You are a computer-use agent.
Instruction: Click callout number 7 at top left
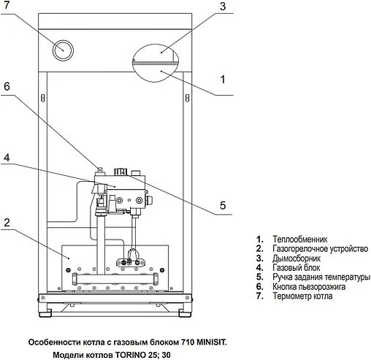coord(7,5)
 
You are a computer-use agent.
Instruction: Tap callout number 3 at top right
coord(223,7)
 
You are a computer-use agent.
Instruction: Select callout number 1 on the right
coord(223,80)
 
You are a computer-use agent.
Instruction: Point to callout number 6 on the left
coord(7,86)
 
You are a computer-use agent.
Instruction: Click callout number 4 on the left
coord(7,158)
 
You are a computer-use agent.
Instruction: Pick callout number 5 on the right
coord(223,205)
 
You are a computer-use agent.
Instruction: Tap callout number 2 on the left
coord(7,222)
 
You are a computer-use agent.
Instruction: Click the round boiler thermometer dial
coord(63,50)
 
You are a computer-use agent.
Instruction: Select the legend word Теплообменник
coord(299,240)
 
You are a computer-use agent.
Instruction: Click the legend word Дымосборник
coord(297,258)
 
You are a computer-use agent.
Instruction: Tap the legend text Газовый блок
coord(296,268)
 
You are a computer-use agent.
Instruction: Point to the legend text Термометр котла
coord(302,296)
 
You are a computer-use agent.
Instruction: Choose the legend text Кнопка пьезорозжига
coord(309,287)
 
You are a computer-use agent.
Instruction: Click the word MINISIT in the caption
coord(211,342)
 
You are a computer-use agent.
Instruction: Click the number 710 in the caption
coord(188,342)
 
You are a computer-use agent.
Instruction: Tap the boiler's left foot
coord(45,313)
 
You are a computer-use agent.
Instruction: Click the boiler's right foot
coord(185,313)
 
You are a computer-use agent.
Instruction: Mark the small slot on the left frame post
coord(43,98)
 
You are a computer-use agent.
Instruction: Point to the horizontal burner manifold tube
coord(115,278)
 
